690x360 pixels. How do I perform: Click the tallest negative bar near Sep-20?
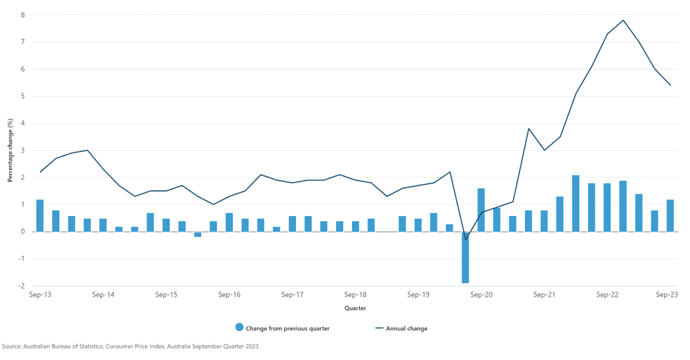pos(465,257)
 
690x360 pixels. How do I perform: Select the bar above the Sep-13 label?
pos(40,215)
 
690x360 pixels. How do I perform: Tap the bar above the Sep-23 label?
pos(670,215)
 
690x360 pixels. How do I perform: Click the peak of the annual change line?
pos(623,20)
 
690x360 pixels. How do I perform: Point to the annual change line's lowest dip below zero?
pos(466,239)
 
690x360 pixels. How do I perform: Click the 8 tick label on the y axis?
pos(23,15)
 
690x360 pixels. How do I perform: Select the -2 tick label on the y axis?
pos(21,286)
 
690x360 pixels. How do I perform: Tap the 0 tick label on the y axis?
pos(23,232)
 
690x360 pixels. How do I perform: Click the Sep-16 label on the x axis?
pos(229,295)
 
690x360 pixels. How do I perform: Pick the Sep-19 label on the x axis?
pos(418,295)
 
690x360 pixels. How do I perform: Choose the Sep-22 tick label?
pos(607,295)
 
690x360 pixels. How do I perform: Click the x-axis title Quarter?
pos(355,308)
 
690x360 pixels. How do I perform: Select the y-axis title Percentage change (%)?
pos(10,150)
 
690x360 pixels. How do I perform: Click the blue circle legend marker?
pos(240,328)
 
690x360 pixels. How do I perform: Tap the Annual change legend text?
pos(406,328)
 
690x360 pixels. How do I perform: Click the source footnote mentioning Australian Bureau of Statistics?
pos(130,346)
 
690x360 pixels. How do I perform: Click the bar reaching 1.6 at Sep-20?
pos(481,210)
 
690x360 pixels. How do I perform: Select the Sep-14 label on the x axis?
pos(103,295)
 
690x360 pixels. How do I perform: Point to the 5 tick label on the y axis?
pos(23,96)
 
